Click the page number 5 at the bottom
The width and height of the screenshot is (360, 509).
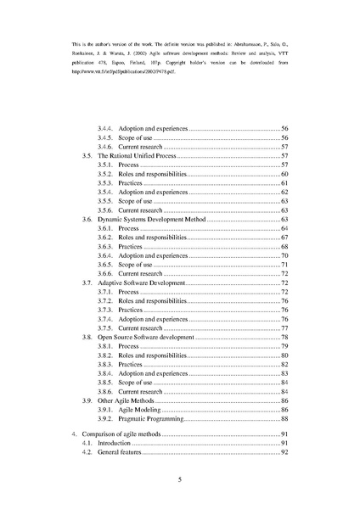(x=180, y=479)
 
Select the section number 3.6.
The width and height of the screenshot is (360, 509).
(x=87, y=219)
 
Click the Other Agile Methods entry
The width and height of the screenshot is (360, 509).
(x=130, y=400)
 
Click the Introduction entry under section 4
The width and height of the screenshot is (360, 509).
(x=115, y=444)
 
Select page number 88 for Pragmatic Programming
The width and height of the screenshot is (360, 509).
(x=285, y=419)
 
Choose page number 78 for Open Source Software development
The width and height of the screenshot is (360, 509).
(x=285, y=337)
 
